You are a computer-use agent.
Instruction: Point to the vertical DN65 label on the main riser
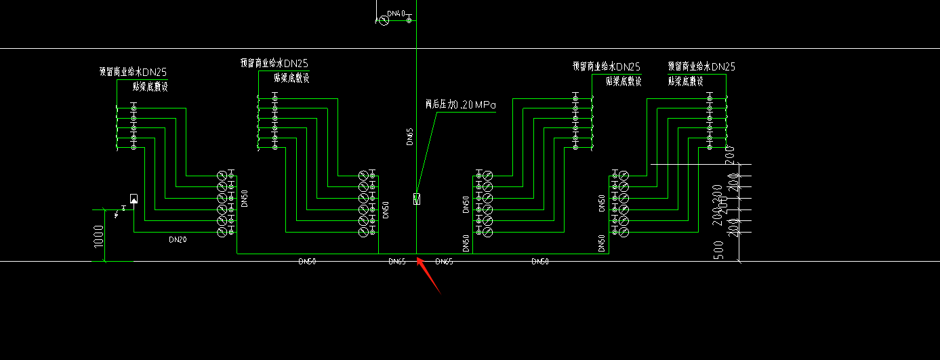(x=409, y=138)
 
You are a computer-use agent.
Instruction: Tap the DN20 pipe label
(x=178, y=239)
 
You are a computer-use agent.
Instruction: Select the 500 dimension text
(x=720, y=250)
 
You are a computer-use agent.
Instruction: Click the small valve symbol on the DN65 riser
(x=417, y=199)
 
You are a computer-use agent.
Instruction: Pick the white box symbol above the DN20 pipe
(x=134, y=199)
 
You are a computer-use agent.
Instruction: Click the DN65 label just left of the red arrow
(x=397, y=261)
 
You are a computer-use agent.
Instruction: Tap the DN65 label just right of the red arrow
(x=444, y=261)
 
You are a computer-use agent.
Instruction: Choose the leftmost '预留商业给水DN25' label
(x=133, y=71)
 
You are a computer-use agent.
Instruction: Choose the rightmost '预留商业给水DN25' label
(x=701, y=66)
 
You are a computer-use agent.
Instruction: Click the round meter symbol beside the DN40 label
(x=382, y=21)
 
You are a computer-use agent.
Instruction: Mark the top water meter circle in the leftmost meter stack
(x=222, y=176)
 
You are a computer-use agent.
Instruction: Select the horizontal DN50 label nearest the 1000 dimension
(x=307, y=261)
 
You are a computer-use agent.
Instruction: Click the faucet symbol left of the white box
(x=120, y=213)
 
